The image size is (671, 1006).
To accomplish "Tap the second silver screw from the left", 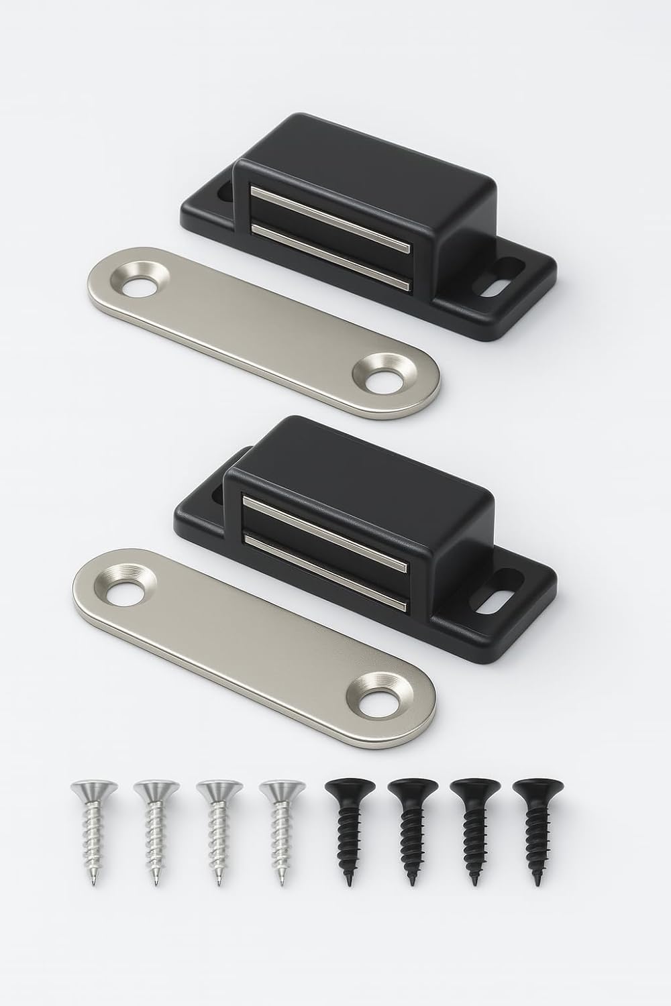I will pyautogui.click(x=156, y=832).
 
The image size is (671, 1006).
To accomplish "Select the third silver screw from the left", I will pyautogui.click(x=219, y=832).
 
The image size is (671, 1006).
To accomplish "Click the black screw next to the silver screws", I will pyautogui.click(x=347, y=832).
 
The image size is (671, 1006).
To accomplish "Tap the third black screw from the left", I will pyautogui.click(x=472, y=832).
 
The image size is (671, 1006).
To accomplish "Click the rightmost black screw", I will pyautogui.click(x=535, y=832).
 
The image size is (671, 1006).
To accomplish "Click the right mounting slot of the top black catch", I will pyautogui.click(x=499, y=283).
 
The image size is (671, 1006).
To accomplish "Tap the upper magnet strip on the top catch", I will pyautogui.click(x=329, y=208).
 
